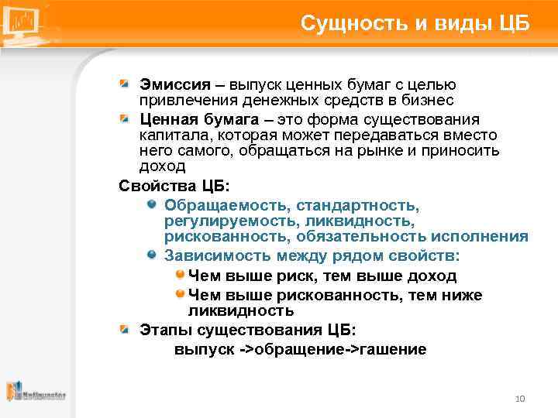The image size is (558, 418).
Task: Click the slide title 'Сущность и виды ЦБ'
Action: click(x=415, y=23)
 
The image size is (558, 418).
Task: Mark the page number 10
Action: click(x=520, y=399)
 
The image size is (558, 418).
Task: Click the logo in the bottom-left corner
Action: click(x=36, y=392)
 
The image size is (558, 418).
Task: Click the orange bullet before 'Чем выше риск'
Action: click(x=180, y=274)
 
